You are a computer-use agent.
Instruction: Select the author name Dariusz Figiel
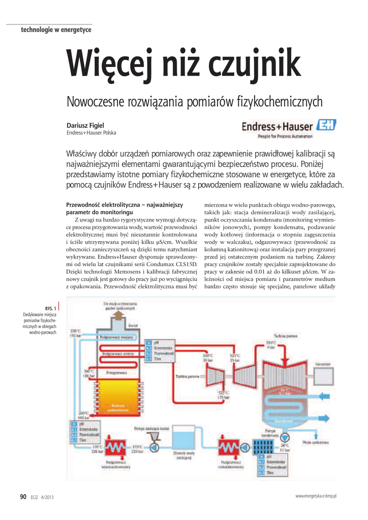[x=85, y=125]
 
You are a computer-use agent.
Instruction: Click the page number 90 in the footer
[x=23, y=497]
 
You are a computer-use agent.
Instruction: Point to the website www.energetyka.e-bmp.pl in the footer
[x=316, y=496]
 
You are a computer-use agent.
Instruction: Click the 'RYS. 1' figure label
[x=50, y=308]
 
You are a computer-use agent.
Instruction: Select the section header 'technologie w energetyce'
[x=56, y=30]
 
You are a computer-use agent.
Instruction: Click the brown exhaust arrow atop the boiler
[x=117, y=316]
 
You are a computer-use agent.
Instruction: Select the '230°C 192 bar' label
[x=75, y=334]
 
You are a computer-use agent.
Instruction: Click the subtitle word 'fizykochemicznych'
[x=280, y=102]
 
